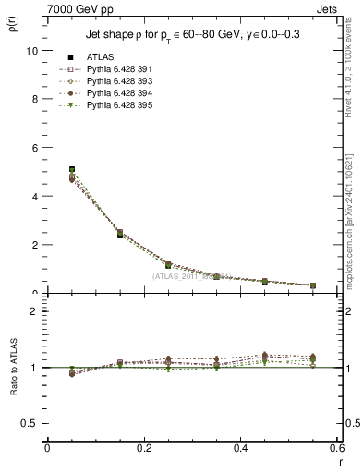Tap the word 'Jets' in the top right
tap(327, 8)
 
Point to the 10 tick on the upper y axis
tap(34, 51)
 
